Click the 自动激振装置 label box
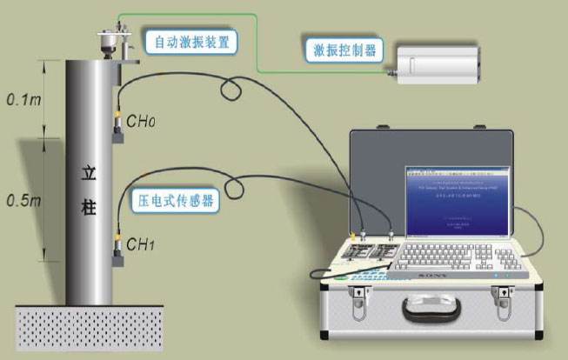[191, 41]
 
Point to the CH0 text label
[141, 122]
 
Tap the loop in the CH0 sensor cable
[231, 86]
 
